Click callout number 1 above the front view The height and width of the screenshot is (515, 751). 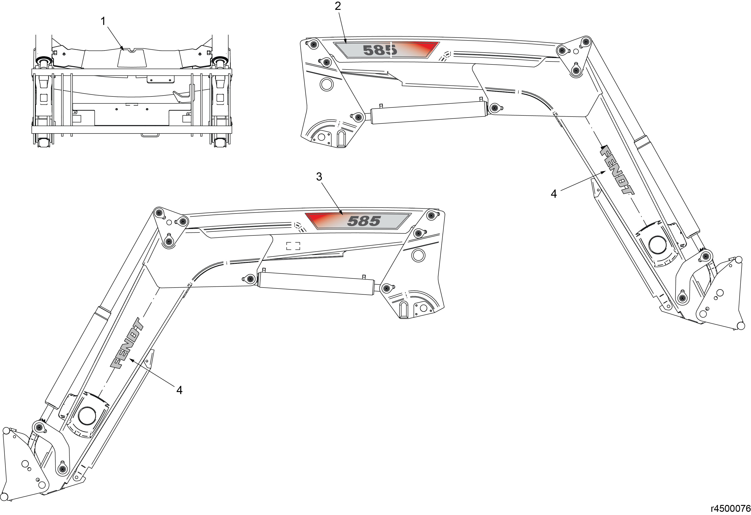(x=103, y=21)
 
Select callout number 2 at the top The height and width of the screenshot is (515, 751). (x=338, y=6)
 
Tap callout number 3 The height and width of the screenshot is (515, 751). (x=319, y=177)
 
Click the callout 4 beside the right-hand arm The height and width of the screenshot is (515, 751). (x=554, y=194)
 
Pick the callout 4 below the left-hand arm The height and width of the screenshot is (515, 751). (x=179, y=390)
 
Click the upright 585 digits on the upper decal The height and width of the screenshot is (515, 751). (x=380, y=50)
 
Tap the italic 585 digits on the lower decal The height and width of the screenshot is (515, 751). (x=364, y=221)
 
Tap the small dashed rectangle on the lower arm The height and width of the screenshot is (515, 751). (x=293, y=246)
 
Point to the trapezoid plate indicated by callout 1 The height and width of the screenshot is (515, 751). (x=132, y=58)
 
